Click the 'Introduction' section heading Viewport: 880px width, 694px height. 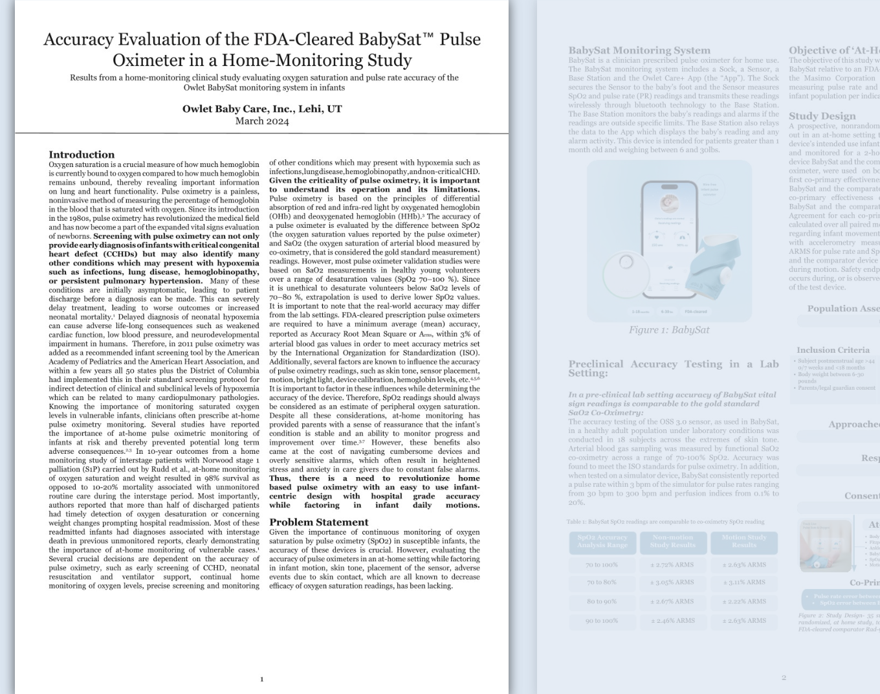(82, 155)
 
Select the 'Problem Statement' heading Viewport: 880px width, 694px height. (318, 522)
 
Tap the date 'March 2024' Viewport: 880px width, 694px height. (262, 121)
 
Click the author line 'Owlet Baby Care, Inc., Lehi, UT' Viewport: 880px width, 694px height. (262, 109)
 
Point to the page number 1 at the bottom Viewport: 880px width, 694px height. (262, 679)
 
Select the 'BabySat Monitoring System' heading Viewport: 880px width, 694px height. (639, 50)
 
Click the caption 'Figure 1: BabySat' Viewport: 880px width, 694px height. (669, 330)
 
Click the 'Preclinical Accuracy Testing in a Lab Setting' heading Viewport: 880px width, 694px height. (673, 368)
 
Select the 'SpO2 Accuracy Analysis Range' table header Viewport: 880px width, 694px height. (602, 541)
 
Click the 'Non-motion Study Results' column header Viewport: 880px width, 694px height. (673, 541)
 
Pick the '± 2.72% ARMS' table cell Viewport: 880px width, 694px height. (673, 565)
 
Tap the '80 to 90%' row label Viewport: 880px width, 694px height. (602, 601)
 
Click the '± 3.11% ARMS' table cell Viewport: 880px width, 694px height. (744, 583)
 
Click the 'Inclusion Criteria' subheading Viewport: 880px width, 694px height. (833, 350)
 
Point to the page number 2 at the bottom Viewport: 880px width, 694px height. (784, 678)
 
